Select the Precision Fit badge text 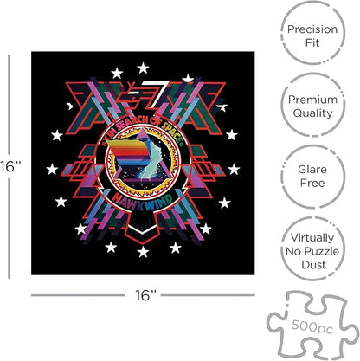(312, 36)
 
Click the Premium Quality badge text (313, 106)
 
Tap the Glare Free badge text (312, 176)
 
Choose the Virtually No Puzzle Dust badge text (312, 251)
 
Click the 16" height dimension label (10, 166)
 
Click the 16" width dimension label (145, 295)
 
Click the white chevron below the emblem (143, 229)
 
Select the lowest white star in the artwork (143, 252)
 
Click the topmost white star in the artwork (143, 68)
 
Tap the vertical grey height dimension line (9, 166)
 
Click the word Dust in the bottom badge (313, 265)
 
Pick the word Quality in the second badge (313, 113)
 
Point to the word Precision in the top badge (312, 29)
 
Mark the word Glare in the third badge (312, 169)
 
